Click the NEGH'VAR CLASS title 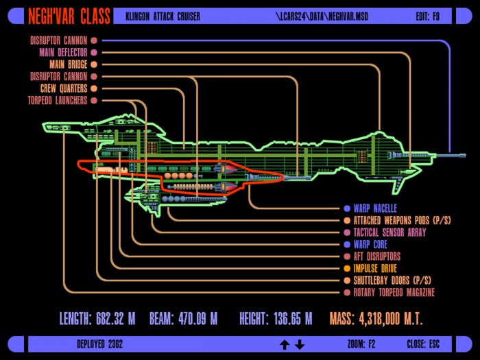(x=69, y=16)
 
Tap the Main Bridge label (x=69, y=64)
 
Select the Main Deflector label (x=63, y=52)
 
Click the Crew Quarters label (x=64, y=88)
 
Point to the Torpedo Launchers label (x=58, y=100)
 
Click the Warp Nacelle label (x=375, y=208)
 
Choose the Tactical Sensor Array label (x=389, y=232)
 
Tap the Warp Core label (x=370, y=244)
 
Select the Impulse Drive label (x=375, y=269)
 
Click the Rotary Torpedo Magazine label (x=394, y=292)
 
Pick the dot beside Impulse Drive (x=347, y=269)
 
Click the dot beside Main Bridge (x=94, y=64)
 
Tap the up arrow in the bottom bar (x=285, y=345)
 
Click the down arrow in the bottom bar (x=300, y=345)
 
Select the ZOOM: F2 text (x=361, y=344)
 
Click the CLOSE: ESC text (x=423, y=344)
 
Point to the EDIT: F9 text (x=428, y=16)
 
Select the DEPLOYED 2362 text (x=100, y=344)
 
